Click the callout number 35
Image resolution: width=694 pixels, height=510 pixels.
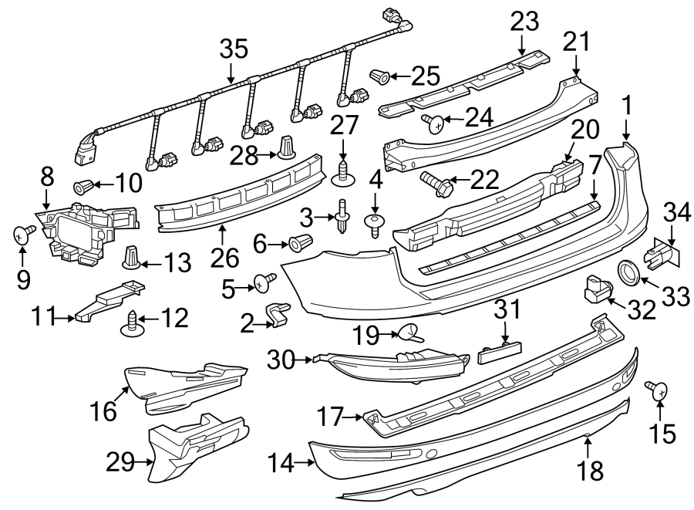(234, 50)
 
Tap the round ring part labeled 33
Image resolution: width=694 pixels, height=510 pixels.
(628, 273)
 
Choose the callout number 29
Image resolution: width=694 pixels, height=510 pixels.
(122, 463)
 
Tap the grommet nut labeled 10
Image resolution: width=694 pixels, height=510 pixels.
(84, 184)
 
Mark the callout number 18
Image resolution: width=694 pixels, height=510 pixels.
(592, 469)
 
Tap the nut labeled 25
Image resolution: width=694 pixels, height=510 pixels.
(380, 76)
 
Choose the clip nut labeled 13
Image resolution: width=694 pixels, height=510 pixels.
(133, 257)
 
